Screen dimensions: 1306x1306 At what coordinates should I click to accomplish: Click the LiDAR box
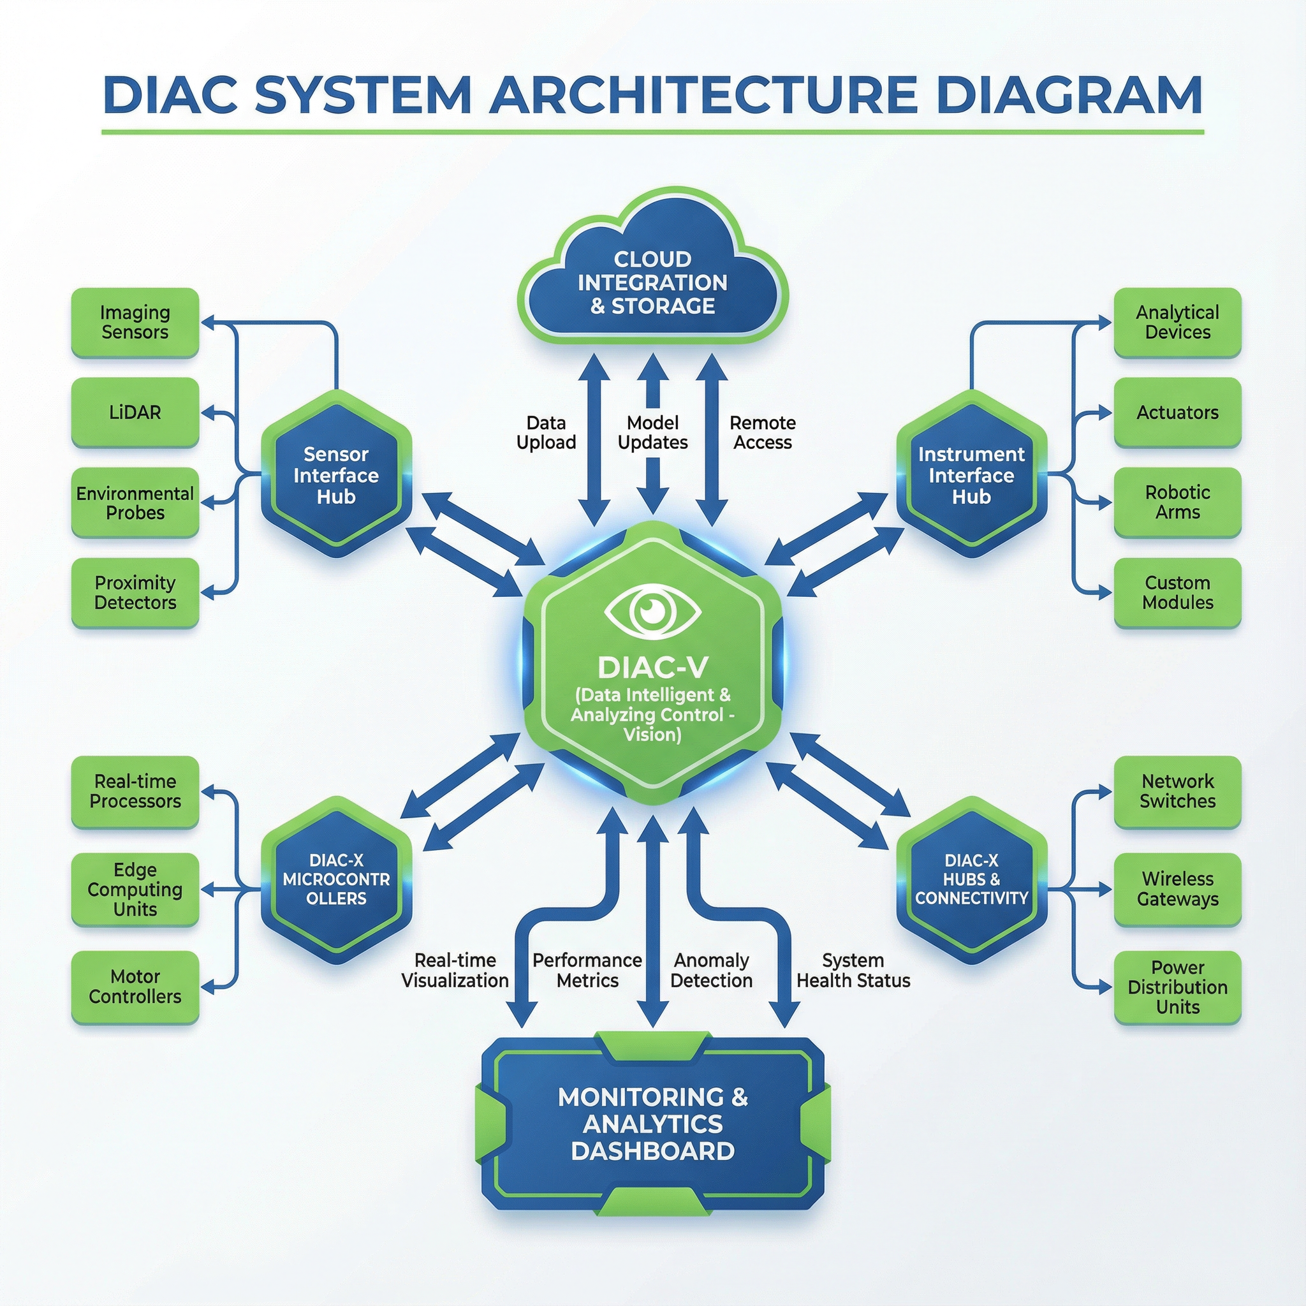pos(135,413)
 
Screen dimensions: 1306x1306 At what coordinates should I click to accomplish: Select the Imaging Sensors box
pos(135,323)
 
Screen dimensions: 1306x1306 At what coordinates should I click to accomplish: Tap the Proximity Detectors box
pos(135,592)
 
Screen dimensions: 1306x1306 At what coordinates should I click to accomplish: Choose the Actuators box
pos(1177,413)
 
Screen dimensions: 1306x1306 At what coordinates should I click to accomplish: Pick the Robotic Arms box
pos(1177,503)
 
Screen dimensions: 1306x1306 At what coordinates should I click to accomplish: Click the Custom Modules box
pos(1177,592)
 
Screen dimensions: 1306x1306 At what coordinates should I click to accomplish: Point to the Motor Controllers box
pos(135,987)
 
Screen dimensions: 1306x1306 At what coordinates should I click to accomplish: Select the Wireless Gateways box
pos(1177,889)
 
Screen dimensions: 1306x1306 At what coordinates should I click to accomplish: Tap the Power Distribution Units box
pos(1177,987)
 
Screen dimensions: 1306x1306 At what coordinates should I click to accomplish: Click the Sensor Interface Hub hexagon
pos(336,474)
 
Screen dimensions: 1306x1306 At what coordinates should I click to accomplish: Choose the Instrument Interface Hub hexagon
pos(971,474)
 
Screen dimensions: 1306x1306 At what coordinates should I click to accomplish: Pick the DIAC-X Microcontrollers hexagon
pos(336,879)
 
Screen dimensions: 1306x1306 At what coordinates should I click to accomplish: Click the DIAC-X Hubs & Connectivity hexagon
pos(971,879)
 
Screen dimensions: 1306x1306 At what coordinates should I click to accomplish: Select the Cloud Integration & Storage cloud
pos(652,282)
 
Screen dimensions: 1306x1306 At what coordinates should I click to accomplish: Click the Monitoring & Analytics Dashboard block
pos(652,1124)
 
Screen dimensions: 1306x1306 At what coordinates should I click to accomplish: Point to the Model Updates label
pos(652,432)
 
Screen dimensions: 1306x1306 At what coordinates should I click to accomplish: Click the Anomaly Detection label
pos(711,970)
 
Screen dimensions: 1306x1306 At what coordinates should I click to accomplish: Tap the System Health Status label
pos(853,970)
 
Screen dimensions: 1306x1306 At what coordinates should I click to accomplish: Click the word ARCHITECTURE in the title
pos(703,94)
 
